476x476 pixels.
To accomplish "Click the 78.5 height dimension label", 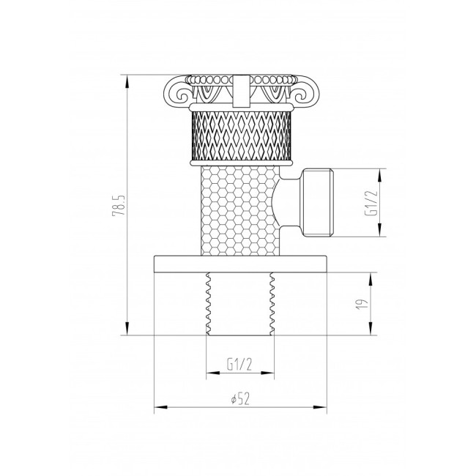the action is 118,205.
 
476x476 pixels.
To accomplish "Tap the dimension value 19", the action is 362,304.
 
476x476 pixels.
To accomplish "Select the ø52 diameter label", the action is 239,398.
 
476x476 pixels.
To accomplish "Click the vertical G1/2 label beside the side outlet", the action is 371,203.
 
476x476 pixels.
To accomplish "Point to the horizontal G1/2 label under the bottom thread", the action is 239,365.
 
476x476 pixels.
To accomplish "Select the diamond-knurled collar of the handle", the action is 241,135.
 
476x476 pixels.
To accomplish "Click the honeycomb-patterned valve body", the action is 239,211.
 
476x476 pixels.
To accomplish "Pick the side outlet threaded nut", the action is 318,202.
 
